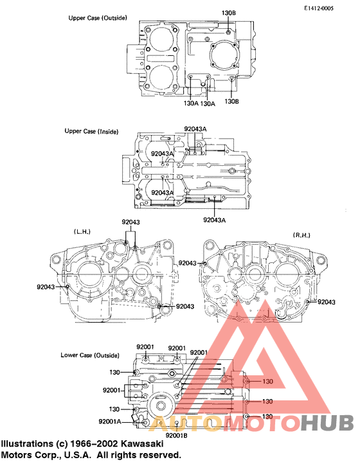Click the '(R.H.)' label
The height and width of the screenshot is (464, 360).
pos(302,235)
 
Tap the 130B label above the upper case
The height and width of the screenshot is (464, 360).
pos(230,13)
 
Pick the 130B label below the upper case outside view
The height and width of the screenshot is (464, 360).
pos(232,101)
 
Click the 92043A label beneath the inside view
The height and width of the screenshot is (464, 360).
pos(215,220)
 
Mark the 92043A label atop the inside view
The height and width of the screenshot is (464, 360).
pos(195,129)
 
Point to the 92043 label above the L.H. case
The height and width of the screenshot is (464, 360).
pos(131,222)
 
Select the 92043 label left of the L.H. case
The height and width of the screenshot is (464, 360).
pos(46,287)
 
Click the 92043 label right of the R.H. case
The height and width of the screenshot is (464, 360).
pos(327,301)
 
